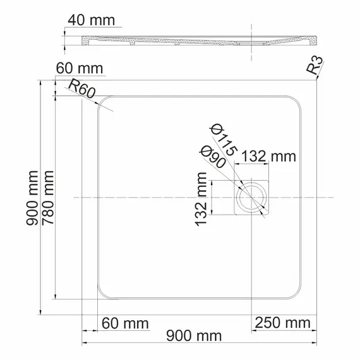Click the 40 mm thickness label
pyautogui.click(x=92, y=20)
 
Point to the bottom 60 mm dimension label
pyautogui.click(x=124, y=324)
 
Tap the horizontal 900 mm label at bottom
pyautogui.click(x=189, y=335)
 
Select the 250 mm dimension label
pyautogui.click(x=282, y=324)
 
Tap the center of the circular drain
pyautogui.click(x=252, y=198)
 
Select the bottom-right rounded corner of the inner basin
pyautogui.click(x=297, y=294)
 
